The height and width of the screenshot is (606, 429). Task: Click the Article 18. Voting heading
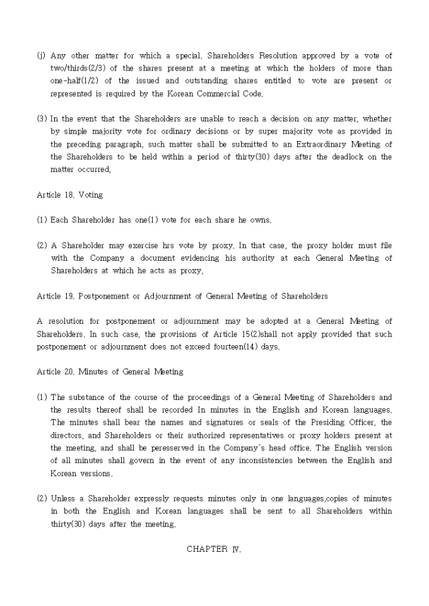tap(69, 195)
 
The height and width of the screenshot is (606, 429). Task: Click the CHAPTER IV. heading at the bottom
tap(214, 549)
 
